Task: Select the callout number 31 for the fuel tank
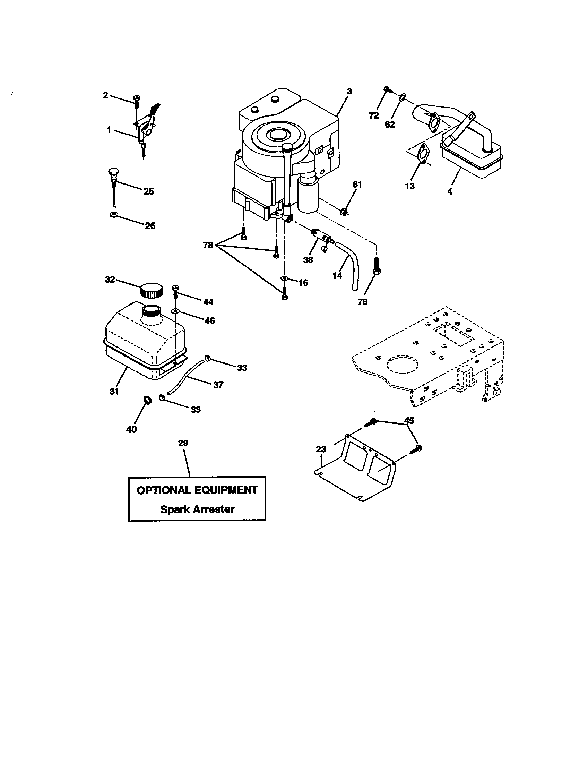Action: [114, 392]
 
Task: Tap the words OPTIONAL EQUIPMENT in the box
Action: [197, 490]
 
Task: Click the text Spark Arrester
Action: [197, 509]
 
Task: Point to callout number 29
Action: [183, 443]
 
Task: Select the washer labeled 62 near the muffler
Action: [402, 96]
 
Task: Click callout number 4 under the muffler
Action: [450, 191]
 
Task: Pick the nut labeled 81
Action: [345, 211]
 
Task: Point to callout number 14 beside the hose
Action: [337, 276]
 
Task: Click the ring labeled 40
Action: [148, 399]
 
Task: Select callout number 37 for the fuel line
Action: [218, 385]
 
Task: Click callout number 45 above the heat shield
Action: [409, 421]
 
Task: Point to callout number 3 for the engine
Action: [349, 91]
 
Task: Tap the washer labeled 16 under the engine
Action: [284, 278]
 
